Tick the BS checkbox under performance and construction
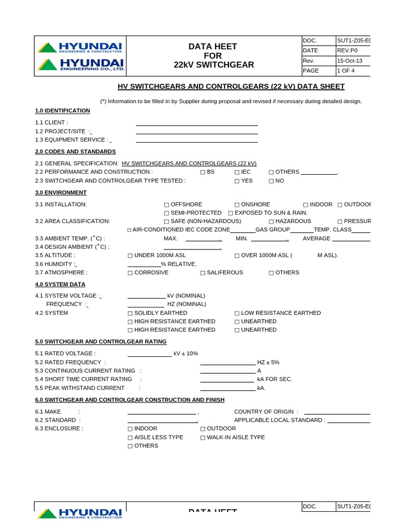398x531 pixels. (x=203, y=172)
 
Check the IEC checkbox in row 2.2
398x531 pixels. (x=237, y=172)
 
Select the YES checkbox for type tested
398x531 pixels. (x=237, y=181)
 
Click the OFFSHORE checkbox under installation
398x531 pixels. (x=166, y=205)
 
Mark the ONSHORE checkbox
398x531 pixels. (x=237, y=205)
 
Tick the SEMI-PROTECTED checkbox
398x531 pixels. (x=166, y=213)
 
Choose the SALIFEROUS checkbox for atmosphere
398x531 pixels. (x=203, y=273)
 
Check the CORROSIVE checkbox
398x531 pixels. (x=130, y=273)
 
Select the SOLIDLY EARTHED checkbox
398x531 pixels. (x=130, y=313)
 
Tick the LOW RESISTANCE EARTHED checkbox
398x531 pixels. (x=237, y=313)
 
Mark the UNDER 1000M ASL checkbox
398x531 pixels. (x=130, y=256)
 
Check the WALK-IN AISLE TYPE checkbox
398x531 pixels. (x=203, y=438)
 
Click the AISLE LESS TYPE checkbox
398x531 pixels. (x=130, y=438)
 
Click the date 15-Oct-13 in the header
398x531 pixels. (x=350, y=61)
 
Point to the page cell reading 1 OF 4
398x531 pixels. (x=346, y=71)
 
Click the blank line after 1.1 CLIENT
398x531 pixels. (x=196, y=123)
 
